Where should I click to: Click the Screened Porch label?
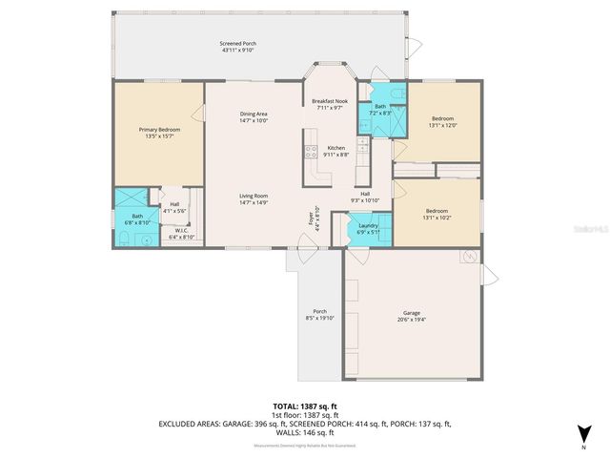click(x=237, y=44)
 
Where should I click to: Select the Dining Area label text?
click(x=253, y=114)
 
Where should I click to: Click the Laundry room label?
click(x=368, y=225)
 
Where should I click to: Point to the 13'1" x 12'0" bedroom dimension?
click(x=443, y=125)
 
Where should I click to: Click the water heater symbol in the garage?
click(x=469, y=258)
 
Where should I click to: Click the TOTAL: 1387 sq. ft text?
click(x=304, y=407)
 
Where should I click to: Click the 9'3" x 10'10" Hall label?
click(x=365, y=197)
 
